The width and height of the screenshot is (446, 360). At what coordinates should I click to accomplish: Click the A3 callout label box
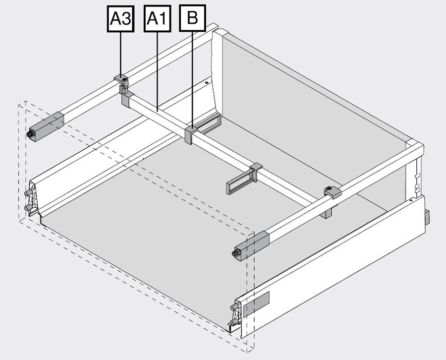tap(120, 19)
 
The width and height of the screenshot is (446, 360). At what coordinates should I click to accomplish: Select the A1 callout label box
tap(157, 18)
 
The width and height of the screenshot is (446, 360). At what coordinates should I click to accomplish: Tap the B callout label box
tap(192, 18)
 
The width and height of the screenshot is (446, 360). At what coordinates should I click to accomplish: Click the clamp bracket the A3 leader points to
tap(121, 84)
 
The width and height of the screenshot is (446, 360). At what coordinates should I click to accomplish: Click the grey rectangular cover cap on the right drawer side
tap(256, 304)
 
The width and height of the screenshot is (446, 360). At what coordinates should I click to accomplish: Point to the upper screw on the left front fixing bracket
tap(29, 193)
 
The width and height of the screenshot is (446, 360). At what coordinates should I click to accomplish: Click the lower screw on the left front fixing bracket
tap(29, 207)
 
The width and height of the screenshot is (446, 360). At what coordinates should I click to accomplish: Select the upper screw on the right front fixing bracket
tap(235, 307)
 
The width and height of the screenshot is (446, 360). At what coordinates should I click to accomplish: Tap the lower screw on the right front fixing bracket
tap(233, 322)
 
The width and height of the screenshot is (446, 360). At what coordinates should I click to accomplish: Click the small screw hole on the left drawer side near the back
tap(207, 82)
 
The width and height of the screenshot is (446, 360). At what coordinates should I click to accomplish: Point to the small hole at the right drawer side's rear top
tap(411, 200)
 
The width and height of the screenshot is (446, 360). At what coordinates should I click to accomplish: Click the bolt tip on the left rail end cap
tap(30, 134)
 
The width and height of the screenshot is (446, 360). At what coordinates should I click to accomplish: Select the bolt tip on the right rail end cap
tap(236, 253)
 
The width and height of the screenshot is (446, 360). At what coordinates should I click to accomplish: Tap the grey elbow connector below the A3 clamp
tap(127, 99)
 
